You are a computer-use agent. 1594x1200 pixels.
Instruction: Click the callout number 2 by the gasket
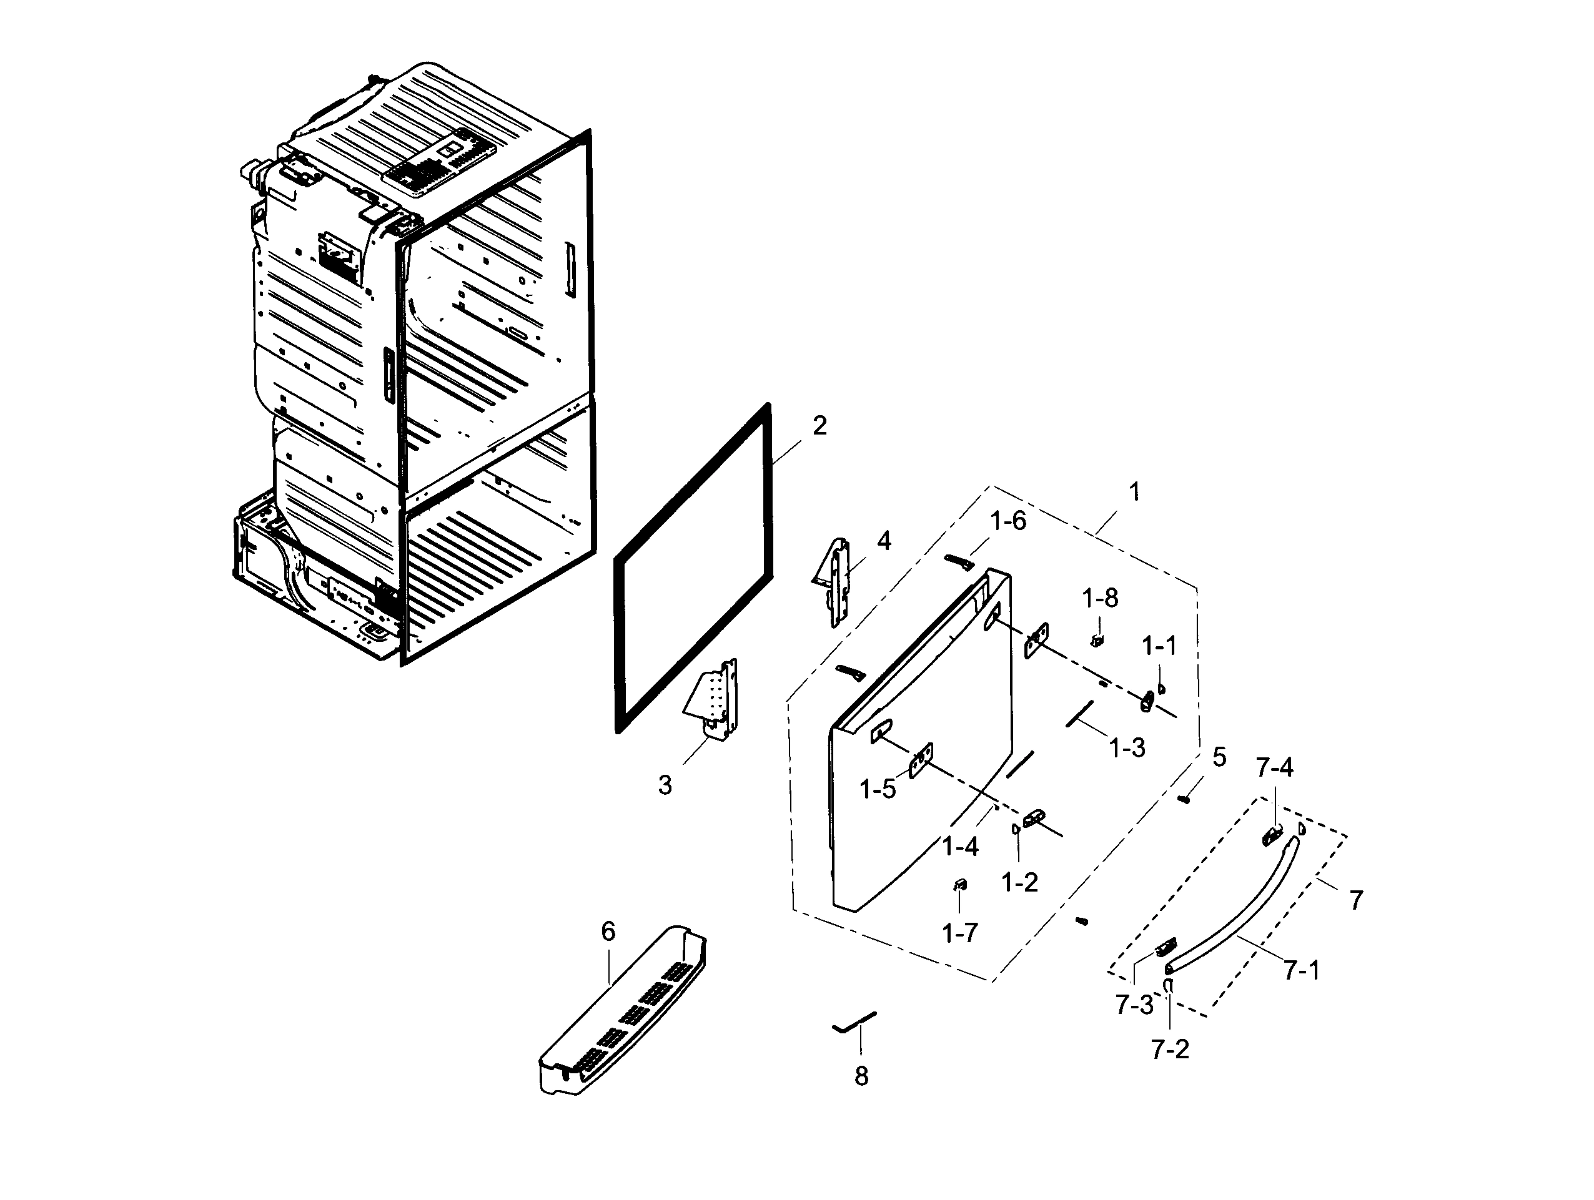point(819,426)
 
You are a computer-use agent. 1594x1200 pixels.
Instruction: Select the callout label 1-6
point(1007,521)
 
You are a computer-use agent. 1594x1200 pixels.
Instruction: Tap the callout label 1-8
point(1100,598)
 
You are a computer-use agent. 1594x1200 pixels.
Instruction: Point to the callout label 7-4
point(1274,768)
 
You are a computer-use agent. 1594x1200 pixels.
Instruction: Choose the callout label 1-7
point(959,933)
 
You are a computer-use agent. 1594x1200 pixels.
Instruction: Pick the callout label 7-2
point(1169,1050)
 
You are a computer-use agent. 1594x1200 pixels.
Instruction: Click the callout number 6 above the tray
point(608,932)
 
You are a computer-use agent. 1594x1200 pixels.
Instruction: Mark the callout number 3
point(665,785)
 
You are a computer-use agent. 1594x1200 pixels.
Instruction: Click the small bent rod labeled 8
point(854,1021)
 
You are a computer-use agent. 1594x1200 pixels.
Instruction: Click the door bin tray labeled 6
point(623,1012)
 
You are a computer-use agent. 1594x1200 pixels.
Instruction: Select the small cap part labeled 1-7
point(959,885)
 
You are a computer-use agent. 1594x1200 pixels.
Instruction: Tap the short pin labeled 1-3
point(1080,714)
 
